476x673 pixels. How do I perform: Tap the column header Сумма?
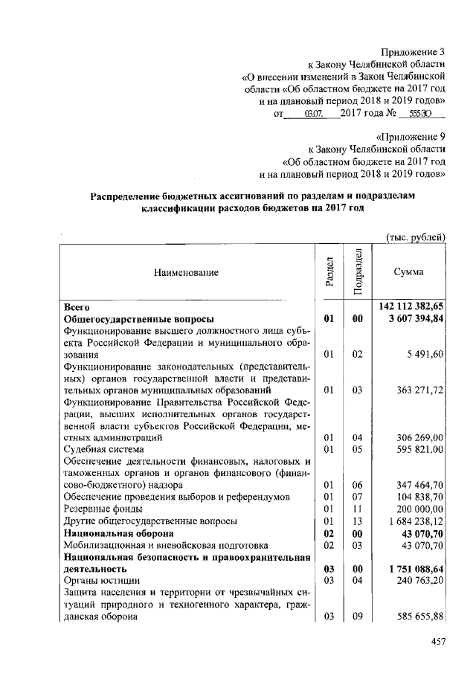(x=408, y=272)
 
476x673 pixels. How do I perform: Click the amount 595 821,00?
(x=419, y=449)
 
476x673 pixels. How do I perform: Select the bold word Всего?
(x=77, y=306)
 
